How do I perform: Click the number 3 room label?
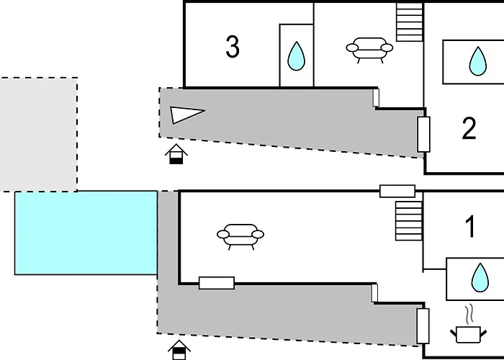(233, 47)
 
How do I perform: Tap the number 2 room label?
(469, 128)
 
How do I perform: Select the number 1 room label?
(470, 227)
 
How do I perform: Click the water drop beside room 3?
(296, 56)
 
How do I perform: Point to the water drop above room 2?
(477, 61)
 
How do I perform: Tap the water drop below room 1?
(480, 278)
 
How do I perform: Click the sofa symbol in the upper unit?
(369, 50)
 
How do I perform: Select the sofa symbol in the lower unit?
(240, 237)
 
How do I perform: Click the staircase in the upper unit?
(409, 22)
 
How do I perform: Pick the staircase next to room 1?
(408, 221)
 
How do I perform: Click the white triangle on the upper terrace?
(186, 114)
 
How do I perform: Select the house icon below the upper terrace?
(176, 154)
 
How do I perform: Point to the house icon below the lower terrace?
(179, 350)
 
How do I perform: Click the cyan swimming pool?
(86, 233)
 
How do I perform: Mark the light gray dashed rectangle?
(39, 135)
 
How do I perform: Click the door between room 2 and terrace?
(423, 135)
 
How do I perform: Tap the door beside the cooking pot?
(423, 326)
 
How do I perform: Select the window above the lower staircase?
(397, 191)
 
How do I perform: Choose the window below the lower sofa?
(217, 283)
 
